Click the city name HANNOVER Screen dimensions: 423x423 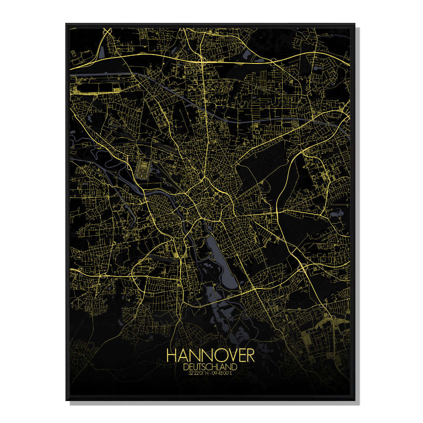[x=210, y=355]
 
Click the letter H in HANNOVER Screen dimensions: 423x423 [x=172, y=355]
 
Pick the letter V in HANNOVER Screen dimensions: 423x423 [x=223, y=355]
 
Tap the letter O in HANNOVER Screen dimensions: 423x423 [x=211, y=355]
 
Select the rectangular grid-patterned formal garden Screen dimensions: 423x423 [x=143, y=167]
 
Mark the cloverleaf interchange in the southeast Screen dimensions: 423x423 [x=303, y=267]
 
